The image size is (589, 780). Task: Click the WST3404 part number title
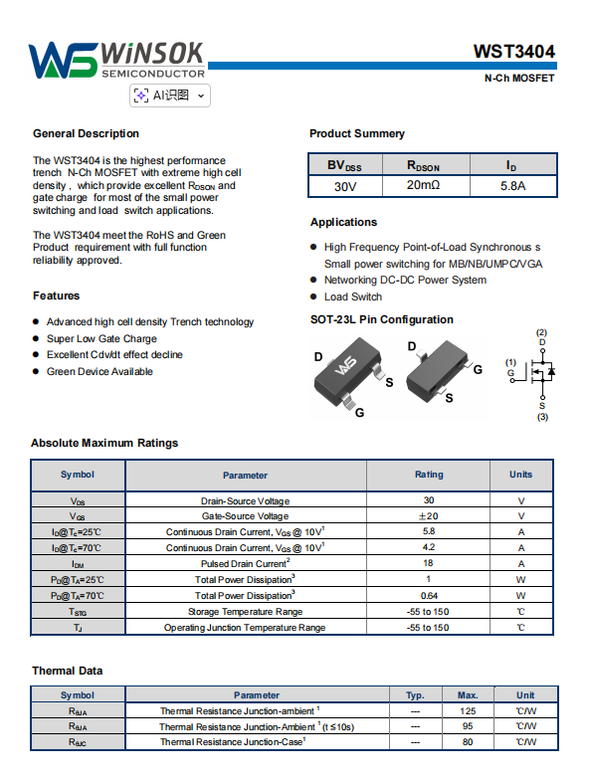(x=513, y=52)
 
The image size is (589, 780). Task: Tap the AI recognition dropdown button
(x=170, y=96)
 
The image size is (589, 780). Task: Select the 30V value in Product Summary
(x=345, y=187)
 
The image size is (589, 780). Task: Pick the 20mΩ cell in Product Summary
(x=424, y=185)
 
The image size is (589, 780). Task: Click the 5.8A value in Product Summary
(x=513, y=186)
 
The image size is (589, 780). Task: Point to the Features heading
(x=56, y=295)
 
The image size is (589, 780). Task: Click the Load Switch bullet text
(x=353, y=296)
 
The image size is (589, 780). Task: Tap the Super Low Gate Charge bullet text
(x=101, y=338)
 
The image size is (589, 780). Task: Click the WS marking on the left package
(x=345, y=366)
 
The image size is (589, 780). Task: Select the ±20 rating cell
(x=428, y=515)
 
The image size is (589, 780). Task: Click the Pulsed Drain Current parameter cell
(x=245, y=563)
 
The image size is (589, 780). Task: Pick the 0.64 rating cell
(x=429, y=595)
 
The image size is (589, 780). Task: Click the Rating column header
(x=429, y=475)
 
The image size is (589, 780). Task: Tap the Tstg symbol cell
(x=78, y=612)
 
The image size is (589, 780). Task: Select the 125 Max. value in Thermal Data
(x=468, y=710)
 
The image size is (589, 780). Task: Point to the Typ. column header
(x=415, y=694)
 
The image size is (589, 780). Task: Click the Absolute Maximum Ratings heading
(x=104, y=443)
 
